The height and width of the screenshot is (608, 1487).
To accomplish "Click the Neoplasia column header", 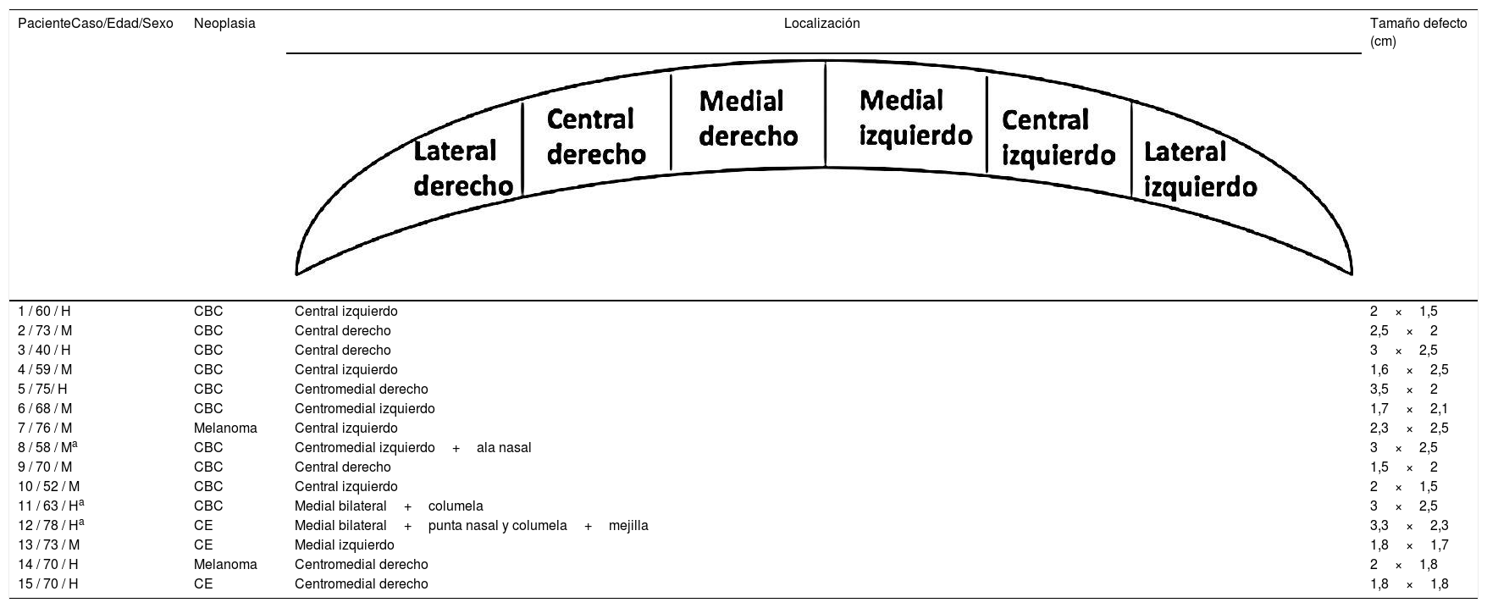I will [224, 24].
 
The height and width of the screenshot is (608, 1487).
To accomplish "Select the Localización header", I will [821, 24].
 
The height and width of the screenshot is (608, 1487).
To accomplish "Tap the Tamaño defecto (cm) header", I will [1418, 32].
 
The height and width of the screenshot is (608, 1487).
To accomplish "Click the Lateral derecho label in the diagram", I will [462, 169].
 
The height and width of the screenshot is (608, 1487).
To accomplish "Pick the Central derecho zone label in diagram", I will [596, 136].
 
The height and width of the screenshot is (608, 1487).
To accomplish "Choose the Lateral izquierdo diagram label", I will [1199, 169].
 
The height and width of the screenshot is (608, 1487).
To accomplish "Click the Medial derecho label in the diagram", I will [748, 118].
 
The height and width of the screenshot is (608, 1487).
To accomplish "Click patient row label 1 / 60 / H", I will [48, 312].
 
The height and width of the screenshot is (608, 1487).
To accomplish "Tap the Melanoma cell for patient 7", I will [225, 428].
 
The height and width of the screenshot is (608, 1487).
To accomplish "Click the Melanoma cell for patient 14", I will [225, 564].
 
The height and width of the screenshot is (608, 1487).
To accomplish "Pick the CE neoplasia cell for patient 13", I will [203, 544].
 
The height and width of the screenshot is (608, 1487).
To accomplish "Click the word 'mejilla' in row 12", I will [628, 525].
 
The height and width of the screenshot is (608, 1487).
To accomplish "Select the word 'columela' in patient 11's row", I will [456, 506].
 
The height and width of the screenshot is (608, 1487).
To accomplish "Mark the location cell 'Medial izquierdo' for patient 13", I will [344, 544].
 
